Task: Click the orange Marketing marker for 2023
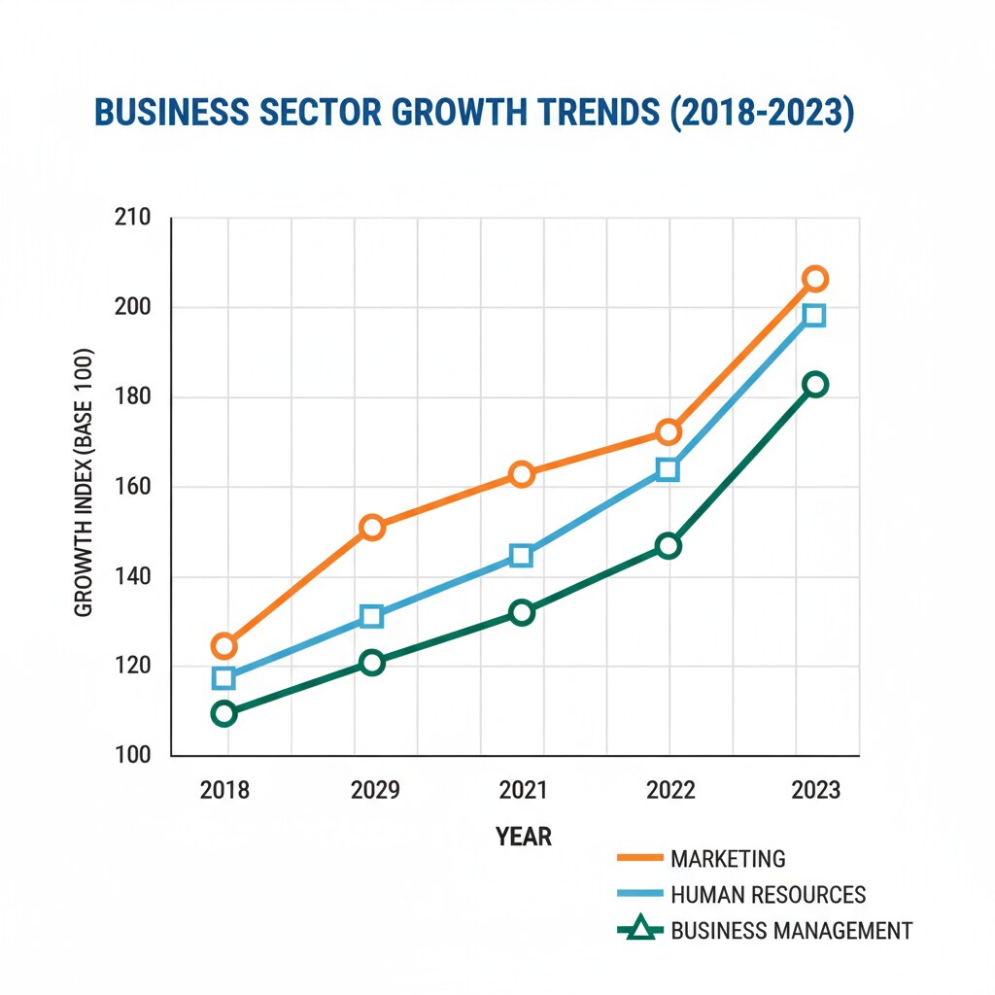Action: [815, 279]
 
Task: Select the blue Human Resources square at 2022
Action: [668, 470]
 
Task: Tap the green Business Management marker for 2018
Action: [223, 713]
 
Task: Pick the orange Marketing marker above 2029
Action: [372, 528]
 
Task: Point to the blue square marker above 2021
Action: [522, 556]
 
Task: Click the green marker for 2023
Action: [815, 384]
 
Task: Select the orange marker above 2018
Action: [223, 645]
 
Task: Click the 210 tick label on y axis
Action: [132, 217]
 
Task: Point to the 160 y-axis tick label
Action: [132, 487]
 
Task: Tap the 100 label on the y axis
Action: [132, 756]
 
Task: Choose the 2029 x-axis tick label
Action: [375, 790]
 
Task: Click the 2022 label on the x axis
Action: [670, 790]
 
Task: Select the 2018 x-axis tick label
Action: [224, 790]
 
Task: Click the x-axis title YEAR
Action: [524, 837]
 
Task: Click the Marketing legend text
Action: [728, 859]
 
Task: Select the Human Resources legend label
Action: [768, 895]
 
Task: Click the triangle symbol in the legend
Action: [639, 930]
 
